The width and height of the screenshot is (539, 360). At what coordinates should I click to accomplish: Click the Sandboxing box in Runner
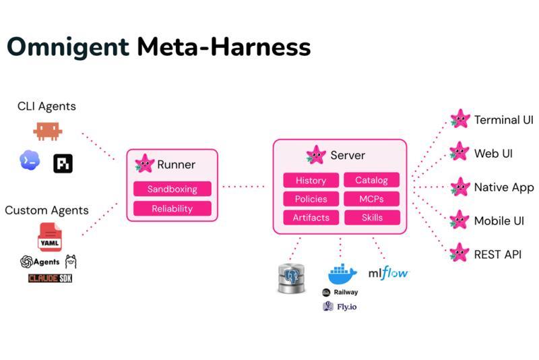(x=172, y=189)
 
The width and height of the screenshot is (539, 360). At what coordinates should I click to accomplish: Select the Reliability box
(x=172, y=208)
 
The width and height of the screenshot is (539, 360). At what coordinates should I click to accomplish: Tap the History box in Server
(x=311, y=180)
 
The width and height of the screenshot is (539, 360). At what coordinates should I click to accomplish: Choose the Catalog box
(x=372, y=180)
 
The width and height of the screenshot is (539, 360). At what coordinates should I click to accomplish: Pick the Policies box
(x=311, y=199)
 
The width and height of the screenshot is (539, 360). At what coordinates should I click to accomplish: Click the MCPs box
(x=372, y=199)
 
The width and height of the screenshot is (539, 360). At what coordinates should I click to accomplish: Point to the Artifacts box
(x=311, y=217)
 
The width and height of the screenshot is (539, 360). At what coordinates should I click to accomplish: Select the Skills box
(x=372, y=217)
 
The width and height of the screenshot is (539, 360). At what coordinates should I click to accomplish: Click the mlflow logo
(x=388, y=273)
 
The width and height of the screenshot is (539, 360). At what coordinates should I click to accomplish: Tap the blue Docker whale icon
(x=342, y=274)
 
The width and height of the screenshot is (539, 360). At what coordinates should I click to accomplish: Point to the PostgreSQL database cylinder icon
(x=291, y=278)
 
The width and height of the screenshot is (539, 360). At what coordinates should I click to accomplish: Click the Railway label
(x=346, y=293)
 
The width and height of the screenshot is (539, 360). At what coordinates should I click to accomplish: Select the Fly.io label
(x=346, y=307)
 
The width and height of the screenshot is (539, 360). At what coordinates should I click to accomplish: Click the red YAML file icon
(x=49, y=237)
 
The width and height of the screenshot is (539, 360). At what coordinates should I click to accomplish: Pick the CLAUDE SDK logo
(x=50, y=278)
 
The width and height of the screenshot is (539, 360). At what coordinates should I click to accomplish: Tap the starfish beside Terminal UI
(x=460, y=119)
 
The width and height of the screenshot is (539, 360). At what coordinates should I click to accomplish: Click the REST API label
(x=497, y=254)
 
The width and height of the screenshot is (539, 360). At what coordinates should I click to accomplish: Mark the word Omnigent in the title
(x=68, y=47)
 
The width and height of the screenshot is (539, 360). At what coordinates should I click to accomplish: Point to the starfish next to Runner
(x=144, y=163)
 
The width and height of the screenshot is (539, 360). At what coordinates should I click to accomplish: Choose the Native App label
(x=504, y=187)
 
